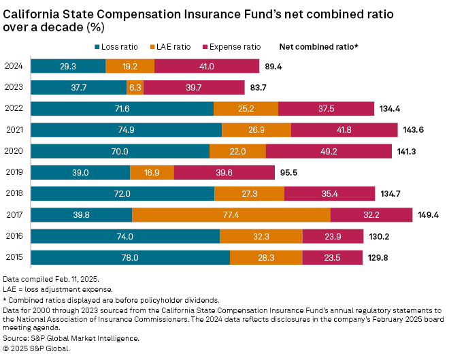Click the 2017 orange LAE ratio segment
tap(231, 215)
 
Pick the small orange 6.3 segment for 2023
tap(135, 87)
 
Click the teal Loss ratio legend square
tap(97, 47)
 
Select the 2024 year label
tap(14, 66)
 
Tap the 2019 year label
tap(14, 172)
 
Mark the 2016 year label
tap(14, 236)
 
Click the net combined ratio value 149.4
tap(428, 215)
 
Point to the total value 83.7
tap(259, 87)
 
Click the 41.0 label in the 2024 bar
tap(207, 66)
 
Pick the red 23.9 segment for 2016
tap(322, 236)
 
